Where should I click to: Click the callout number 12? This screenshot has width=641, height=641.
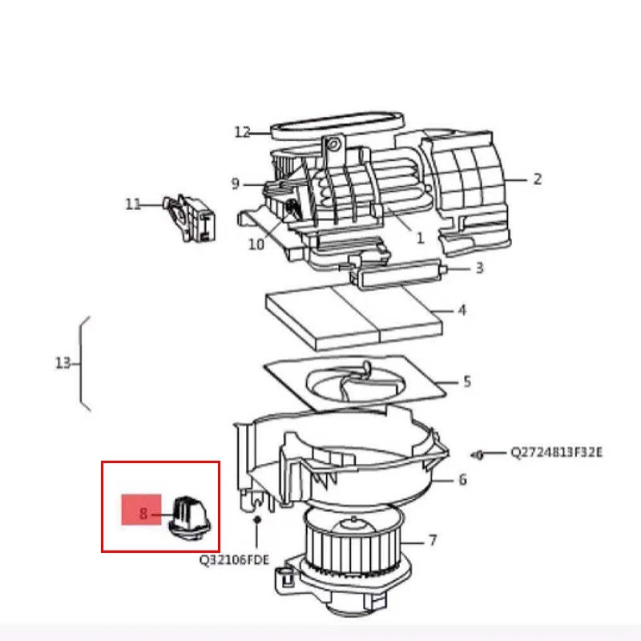(242, 132)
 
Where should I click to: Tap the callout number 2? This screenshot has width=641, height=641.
(538, 179)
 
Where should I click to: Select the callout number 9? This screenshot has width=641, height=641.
(235, 184)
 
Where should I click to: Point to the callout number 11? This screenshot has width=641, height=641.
(133, 204)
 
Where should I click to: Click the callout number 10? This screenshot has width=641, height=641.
(256, 244)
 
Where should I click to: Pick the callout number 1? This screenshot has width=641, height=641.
(420, 238)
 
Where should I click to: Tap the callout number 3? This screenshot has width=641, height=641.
(479, 268)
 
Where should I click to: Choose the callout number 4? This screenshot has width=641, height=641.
(462, 310)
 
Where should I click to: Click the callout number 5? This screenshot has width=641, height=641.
(467, 382)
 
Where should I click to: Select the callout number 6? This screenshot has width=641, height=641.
(462, 479)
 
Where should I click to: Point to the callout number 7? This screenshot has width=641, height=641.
(433, 541)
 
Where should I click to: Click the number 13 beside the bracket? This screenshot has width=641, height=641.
(63, 363)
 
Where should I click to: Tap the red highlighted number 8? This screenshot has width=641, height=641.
(143, 514)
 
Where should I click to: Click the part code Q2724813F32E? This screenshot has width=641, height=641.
(556, 453)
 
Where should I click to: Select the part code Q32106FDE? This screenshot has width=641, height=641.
(234, 559)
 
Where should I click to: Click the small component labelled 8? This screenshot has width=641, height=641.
(189, 518)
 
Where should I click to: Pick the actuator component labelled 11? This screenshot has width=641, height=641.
(191, 219)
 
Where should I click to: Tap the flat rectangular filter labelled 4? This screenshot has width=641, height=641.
(354, 316)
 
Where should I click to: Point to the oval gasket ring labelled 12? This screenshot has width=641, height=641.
(337, 127)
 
